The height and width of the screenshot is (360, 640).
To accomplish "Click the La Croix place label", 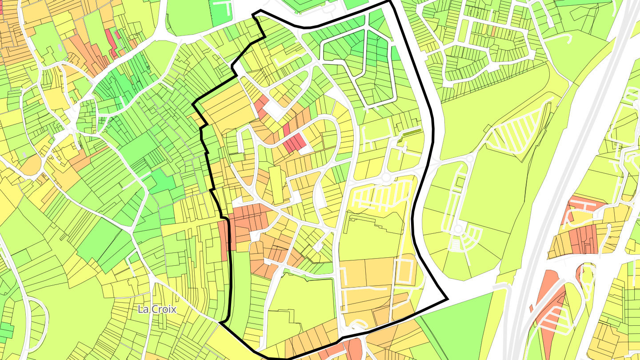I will (x=157, y=309).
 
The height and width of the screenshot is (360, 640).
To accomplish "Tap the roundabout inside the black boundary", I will (x=386, y=178).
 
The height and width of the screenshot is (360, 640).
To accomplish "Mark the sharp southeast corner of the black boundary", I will (x=447, y=300).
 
